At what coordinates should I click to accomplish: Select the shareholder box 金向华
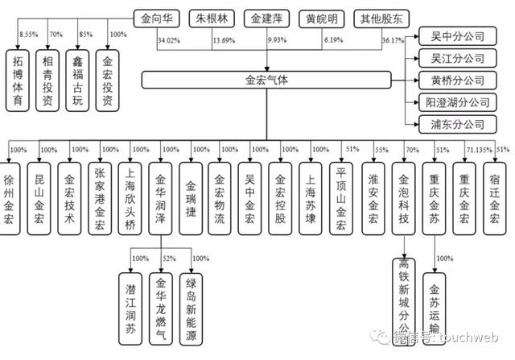pos(156,16)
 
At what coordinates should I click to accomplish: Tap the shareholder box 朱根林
pos(212,16)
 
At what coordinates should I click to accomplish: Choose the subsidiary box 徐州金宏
pos(10,191)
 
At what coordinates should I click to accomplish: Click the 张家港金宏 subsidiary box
pos(101,191)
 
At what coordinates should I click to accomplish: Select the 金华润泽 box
pos(163,191)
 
